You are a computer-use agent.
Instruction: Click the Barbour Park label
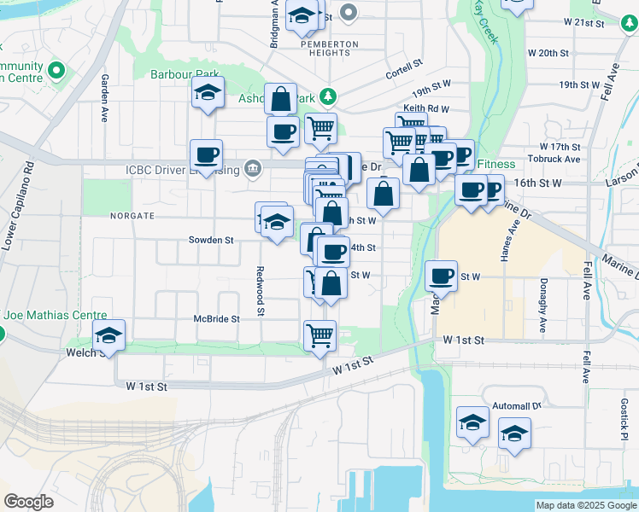click(x=185, y=74)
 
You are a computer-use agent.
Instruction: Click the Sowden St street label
click(x=211, y=241)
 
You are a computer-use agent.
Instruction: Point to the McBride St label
click(x=216, y=318)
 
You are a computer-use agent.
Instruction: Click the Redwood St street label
click(x=260, y=291)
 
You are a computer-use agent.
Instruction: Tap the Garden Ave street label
click(x=105, y=99)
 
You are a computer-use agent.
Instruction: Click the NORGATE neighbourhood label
click(x=132, y=216)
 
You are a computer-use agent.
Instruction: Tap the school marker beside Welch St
click(x=108, y=335)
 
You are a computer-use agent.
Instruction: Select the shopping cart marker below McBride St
click(x=319, y=335)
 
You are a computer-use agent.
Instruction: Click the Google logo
click(x=28, y=502)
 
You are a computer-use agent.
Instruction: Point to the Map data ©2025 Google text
click(x=585, y=505)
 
